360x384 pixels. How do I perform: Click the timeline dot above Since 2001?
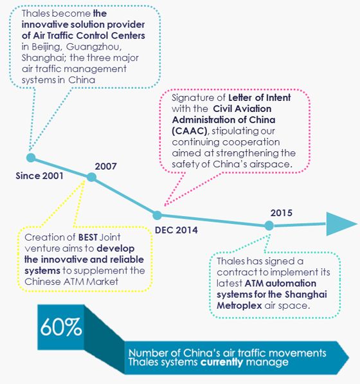click(x=31, y=158)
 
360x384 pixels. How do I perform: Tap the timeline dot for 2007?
click(x=91, y=177)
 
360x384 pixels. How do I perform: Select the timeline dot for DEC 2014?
click(x=157, y=215)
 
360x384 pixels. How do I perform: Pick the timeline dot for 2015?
click(x=269, y=226)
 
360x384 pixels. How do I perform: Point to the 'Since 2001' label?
click(x=39, y=176)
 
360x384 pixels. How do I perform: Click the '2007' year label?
click(x=105, y=167)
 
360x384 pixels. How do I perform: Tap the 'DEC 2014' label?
click(x=176, y=230)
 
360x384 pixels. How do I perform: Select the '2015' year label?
click(x=281, y=213)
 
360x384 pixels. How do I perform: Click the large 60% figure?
click(x=61, y=327)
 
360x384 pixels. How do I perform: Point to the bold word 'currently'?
click(x=222, y=362)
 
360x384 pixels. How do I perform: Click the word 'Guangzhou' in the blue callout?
click(x=94, y=47)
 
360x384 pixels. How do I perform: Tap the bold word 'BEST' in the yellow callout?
click(x=88, y=237)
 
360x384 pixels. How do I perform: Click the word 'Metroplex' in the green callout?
click(x=239, y=306)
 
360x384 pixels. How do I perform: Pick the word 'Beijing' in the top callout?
click(x=46, y=47)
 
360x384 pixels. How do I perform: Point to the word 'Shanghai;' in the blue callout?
click(x=44, y=58)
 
